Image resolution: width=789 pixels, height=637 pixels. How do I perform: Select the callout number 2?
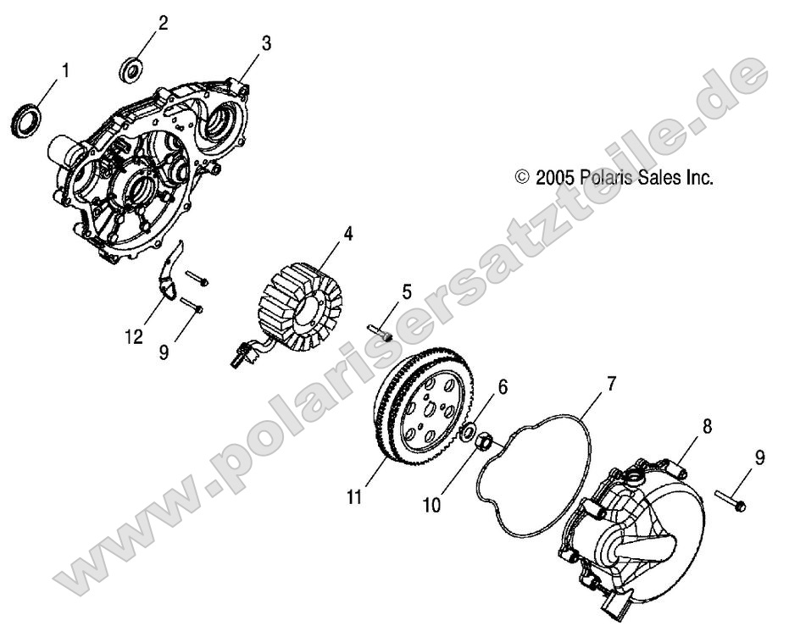coord(163,23)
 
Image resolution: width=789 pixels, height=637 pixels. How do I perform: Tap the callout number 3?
coord(265,42)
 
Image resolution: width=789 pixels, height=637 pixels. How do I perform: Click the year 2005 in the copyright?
coord(556,178)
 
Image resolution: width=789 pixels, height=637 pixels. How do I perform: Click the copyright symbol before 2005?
coord(523,178)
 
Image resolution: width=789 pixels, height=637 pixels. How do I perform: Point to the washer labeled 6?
coord(466,433)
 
